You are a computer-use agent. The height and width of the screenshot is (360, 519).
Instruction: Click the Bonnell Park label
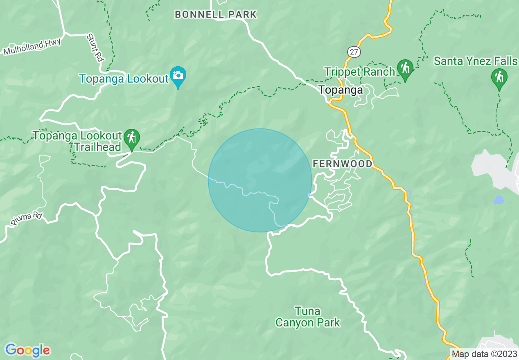coord(216,15)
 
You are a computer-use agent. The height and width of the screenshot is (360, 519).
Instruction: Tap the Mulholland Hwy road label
coord(32,47)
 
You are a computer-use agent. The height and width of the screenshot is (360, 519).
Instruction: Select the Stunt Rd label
coord(95,47)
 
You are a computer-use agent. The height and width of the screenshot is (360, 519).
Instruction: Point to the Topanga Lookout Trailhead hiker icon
coord(131,138)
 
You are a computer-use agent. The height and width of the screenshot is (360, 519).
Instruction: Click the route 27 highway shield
coord(353,52)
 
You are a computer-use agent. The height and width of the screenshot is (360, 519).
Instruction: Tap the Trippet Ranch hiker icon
coord(405,69)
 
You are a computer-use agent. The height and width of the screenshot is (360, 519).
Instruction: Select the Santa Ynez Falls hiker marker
coord(499,78)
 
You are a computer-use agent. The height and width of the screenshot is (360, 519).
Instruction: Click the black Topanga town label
coord(341,90)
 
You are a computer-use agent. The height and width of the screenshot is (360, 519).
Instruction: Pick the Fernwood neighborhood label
coord(343,164)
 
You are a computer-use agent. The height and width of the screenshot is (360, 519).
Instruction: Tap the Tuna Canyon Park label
coord(308,317)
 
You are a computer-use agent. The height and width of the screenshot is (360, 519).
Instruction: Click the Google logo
coord(27,350)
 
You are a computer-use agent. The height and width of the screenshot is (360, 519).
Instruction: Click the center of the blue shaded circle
coord(260,180)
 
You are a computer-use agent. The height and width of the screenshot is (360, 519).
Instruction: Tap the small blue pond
coord(498,200)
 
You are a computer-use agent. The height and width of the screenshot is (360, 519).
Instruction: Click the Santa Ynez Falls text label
coord(476,61)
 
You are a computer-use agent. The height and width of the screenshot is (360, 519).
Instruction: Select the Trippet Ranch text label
coord(359,72)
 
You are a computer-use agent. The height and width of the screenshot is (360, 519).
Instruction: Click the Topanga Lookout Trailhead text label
coord(77,141)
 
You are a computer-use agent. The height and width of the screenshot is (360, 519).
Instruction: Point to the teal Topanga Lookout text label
coord(124,79)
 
